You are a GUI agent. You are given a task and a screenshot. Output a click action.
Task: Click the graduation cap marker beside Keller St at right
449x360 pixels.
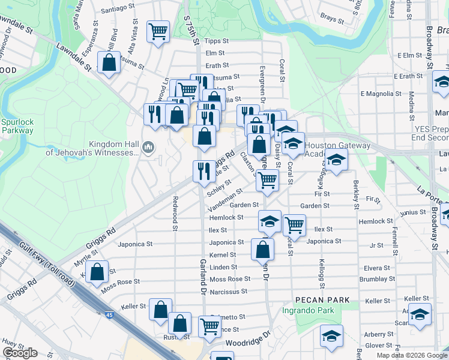coord(420,314)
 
